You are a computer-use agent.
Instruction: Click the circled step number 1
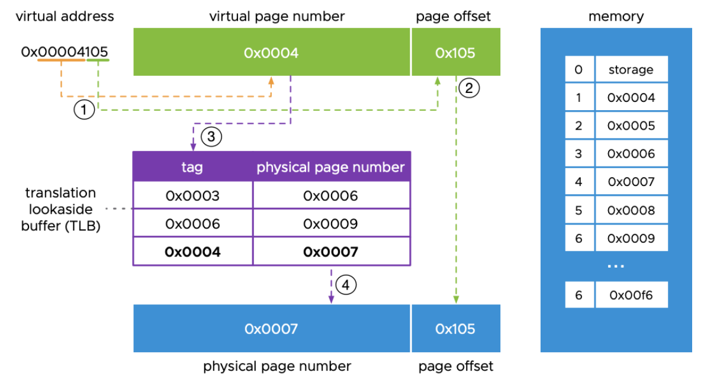[84, 110]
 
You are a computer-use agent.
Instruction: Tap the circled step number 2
[469, 88]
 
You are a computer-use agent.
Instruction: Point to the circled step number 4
[346, 285]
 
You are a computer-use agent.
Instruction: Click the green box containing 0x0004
[271, 53]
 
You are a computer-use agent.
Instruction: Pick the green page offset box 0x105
[455, 53]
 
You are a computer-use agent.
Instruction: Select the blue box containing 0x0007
[271, 329]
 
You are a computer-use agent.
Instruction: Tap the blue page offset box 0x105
[455, 329]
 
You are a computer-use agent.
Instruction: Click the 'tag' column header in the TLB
[192, 167]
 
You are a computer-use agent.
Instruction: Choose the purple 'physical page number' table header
[330, 167]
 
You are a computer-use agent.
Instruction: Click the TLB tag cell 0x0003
[192, 195]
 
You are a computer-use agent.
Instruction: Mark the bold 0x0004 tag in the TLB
[192, 252]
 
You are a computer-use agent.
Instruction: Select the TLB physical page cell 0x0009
[330, 224]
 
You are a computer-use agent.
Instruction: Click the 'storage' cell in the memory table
[631, 69]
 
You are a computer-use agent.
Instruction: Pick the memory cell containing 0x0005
[631, 126]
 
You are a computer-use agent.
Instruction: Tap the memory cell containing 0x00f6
[631, 295]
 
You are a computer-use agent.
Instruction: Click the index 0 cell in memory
[579, 69]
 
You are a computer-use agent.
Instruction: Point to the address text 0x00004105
[65, 52]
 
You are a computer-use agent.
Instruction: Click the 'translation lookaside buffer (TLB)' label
[61, 209]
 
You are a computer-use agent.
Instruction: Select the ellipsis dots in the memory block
[616, 266]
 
